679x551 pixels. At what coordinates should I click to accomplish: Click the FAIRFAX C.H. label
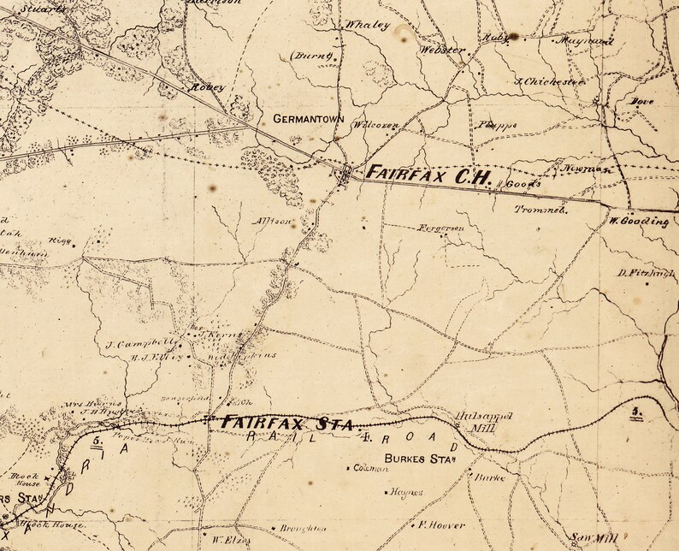428,175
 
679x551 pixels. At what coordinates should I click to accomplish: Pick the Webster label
442,50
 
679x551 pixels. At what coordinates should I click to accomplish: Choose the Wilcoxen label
377,125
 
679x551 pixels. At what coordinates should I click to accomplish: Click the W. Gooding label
640,221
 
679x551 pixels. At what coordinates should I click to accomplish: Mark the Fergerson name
441,229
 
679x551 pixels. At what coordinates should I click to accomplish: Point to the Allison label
273,221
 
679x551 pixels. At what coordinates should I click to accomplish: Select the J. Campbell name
133,345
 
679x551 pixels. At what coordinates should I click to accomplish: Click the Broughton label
303,529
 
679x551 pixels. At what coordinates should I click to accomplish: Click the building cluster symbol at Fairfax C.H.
346,175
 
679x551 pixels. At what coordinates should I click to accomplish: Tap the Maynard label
584,40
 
